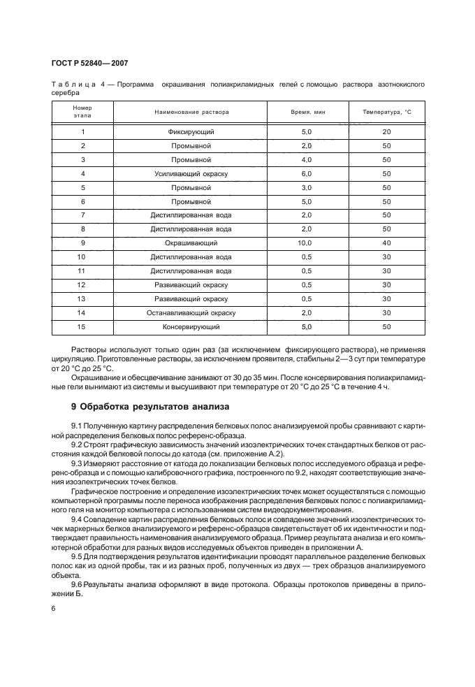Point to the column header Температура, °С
pyautogui.click(x=386, y=112)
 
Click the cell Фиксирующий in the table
pyautogui.click(x=191, y=131)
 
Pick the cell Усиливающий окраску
pyautogui.click(x=191, y=173)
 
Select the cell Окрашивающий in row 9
pyautogui.click(x=191, y=243)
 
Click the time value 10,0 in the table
pyautogui.click(x=305, y=243)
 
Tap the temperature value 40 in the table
pyautogui.click(x=386, y=243)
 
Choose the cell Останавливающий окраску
pyautogui.click(x=191, y=312)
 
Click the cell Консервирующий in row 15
pyautogui.click(x=191, y=326)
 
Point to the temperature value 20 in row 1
pyautogui.click(x=386, y=131)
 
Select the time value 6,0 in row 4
pyautogui.click(x=305, y=173)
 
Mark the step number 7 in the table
pyautogui.click(x=82, y=215)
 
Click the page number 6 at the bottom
pyautogui.click(x=54, y=609)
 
